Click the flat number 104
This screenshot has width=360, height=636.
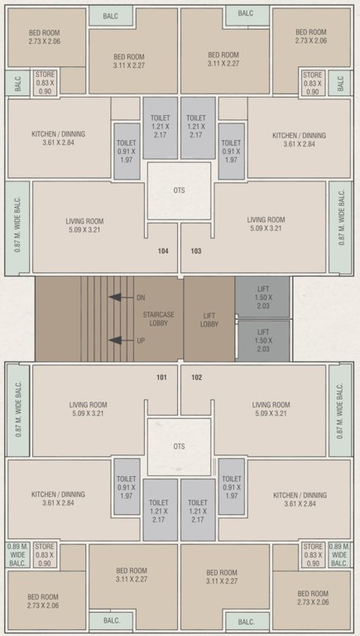(x=163, y=250)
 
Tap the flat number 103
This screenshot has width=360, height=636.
(x=196, y=250)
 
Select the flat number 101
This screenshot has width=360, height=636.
(x=162, y=378)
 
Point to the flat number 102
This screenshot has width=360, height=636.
(x=196, y=378)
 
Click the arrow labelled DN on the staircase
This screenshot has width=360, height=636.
(x=120, y=296)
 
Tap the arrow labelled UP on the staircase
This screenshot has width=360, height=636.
(x=120, y=340)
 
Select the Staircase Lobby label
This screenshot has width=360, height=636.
(x=157, y=319)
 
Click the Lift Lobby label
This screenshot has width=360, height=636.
(x=209, y=319)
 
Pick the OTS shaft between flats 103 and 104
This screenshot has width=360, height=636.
(x=179, y=190)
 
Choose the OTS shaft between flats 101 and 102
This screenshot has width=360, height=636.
(x=179, y=446)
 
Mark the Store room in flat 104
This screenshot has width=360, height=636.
(x=46, y=83)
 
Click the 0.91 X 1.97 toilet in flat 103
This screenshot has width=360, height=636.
(x=231, y=151)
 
